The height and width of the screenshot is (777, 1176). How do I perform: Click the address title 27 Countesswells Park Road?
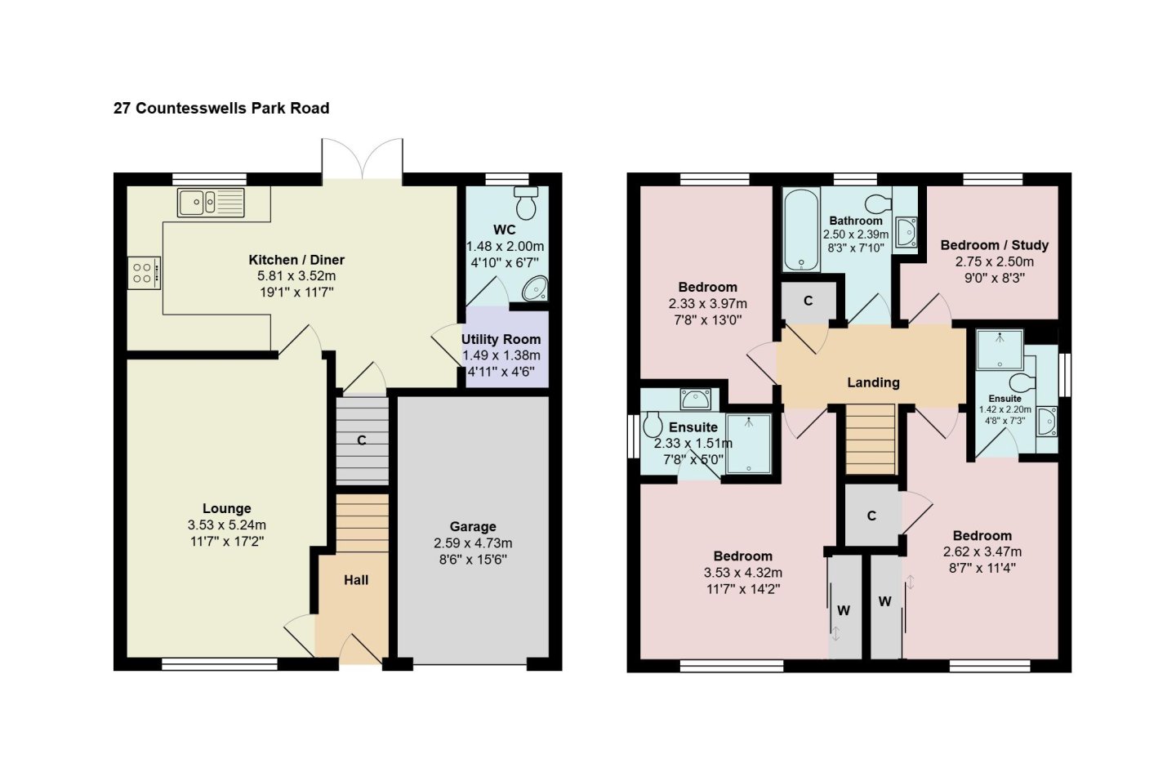(x=221, y=108)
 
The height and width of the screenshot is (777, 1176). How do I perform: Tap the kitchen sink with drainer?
(x=211, y=203)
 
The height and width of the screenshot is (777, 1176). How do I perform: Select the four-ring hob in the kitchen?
(x=144, y=273)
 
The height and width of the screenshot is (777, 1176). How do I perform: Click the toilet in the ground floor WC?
(x=526, y=203)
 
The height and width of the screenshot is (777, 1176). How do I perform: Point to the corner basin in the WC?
(x=535, y=288)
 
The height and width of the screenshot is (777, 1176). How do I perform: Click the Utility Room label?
(x=501, y=339)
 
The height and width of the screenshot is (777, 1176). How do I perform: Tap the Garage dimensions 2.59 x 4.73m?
(x=473, y=543)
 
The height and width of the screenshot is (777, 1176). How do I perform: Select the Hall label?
(x=356, y=580)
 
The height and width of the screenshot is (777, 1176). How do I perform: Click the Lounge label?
(x=227, y=508)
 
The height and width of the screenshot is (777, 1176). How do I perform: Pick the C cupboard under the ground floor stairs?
(x=362, y=440)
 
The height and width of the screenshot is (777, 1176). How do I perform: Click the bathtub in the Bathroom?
(x=801, y=230)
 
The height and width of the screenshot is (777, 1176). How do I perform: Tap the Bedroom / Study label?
(x=995, y=245)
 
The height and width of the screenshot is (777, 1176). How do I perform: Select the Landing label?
(x=873, y=382)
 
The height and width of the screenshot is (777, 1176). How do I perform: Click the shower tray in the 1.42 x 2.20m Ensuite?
(x=1000, y=350)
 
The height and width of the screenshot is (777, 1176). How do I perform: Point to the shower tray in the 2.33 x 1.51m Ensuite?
(x=749, y=444)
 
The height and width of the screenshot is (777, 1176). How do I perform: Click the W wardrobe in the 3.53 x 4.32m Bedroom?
(x=844, y=607)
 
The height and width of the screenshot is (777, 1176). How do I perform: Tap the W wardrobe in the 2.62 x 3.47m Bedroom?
(x=886, y=607)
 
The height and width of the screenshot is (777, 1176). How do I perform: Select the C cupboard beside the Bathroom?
(x=808, y=301)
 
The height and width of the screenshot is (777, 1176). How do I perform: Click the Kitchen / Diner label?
(x=296, y=260)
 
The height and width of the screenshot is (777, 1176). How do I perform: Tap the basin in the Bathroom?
(x=906, y=232)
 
